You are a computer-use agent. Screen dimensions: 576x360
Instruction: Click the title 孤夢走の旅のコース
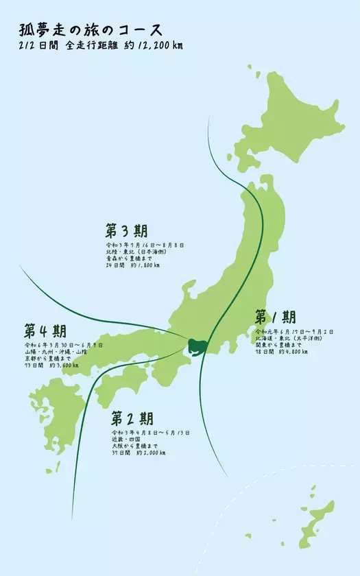click(91, 30)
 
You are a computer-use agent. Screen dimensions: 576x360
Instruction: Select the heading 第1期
click(275, 317)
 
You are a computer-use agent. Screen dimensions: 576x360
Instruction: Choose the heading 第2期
click(132, 418)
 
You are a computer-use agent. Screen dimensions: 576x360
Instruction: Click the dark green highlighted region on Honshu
click(197, 346)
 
